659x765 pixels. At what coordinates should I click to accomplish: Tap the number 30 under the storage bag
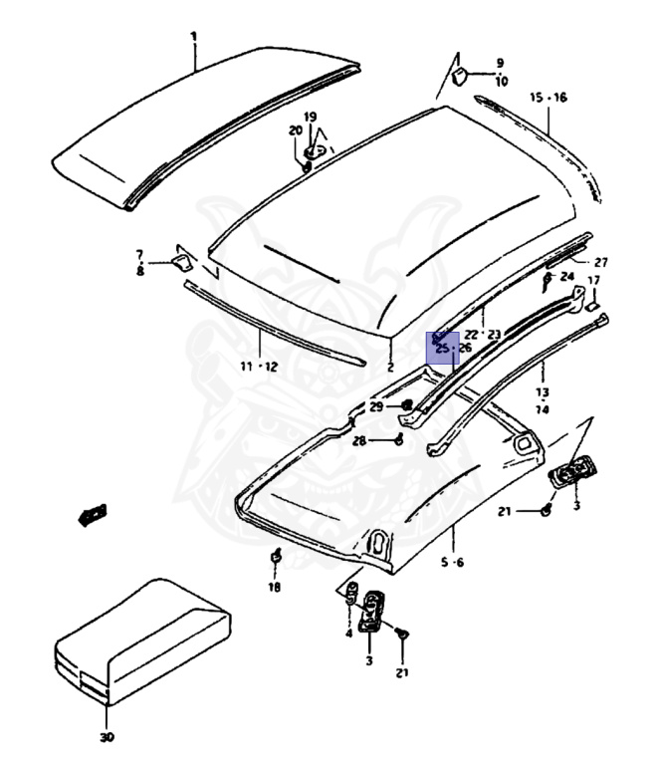(107, 737)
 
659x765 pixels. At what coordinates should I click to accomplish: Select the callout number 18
(274, 587)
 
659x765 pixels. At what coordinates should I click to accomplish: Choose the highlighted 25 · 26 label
(452, 348)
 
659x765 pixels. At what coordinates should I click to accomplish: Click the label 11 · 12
(259, 367)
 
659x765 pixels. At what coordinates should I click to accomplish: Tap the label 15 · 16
(548, 97)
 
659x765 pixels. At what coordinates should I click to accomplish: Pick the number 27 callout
(600, 262)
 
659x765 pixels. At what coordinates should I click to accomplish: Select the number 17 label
(593, 281)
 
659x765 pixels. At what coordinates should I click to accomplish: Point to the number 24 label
(566, 276)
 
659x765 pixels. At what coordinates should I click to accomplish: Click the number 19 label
(311, 117)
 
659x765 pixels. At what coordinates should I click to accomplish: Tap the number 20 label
(295, 130)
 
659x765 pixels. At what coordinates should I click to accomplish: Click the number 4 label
(349, 633)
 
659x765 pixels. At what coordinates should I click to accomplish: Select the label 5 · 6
(453, 562)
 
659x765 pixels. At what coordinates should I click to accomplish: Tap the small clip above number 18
(276, 558)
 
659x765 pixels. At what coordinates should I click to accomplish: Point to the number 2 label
(390, 367)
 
